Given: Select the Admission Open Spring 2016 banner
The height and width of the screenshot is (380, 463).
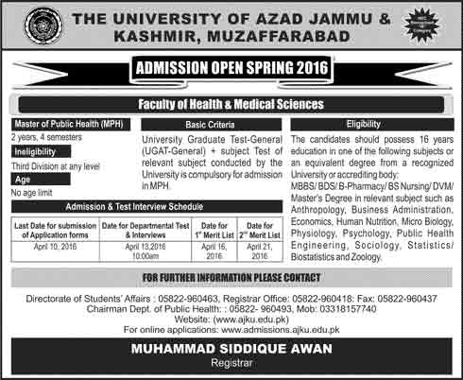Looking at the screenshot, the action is click(231, 69).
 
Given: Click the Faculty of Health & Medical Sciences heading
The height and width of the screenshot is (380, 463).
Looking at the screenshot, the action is click(231, 103).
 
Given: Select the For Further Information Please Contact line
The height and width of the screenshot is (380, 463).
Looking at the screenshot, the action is click(231, 276).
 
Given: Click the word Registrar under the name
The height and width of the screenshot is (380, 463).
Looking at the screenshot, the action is click(231, 368).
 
